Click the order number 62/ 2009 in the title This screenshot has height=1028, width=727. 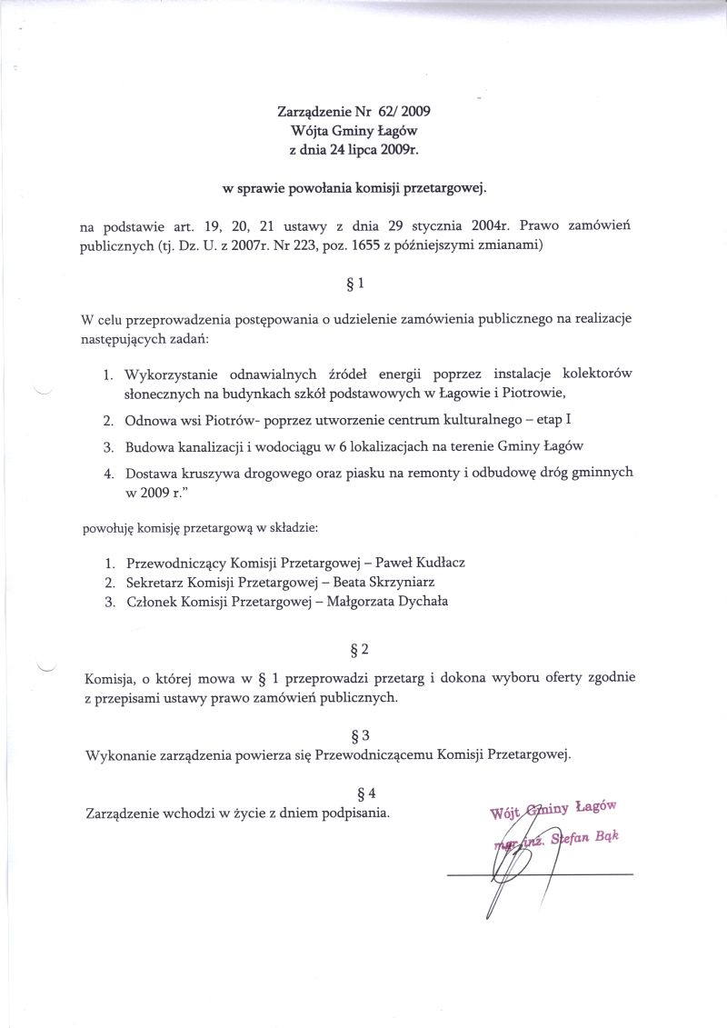click(x=403, y=113)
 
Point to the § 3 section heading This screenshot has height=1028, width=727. click(x=359, y=734)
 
